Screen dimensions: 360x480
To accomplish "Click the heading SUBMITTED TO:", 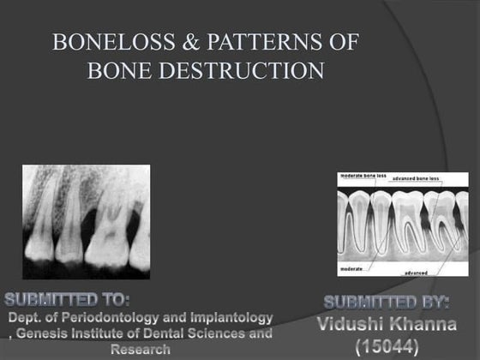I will [x=68, y=300].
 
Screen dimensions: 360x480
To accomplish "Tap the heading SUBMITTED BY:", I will [x=388, y=303].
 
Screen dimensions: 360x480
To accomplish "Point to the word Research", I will [x=140, y=350].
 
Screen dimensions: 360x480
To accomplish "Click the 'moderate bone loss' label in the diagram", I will [x=363, y=176].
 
